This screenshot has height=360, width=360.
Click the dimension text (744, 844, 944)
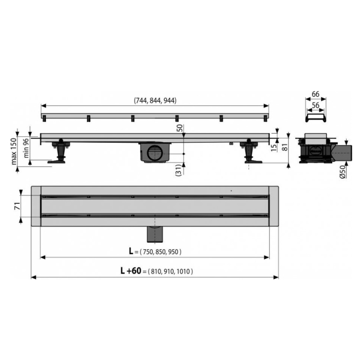point(155,100)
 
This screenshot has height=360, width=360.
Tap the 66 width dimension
point(315,94)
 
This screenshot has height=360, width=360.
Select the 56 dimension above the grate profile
point(316,105)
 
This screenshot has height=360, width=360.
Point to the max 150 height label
point(14,151)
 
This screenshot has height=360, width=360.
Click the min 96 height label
point(26,148)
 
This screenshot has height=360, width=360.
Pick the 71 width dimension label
point(18,206)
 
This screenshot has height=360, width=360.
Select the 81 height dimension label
point(284,147)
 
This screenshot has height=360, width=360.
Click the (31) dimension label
point(178,170)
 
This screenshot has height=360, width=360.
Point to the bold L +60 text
point(131,271)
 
